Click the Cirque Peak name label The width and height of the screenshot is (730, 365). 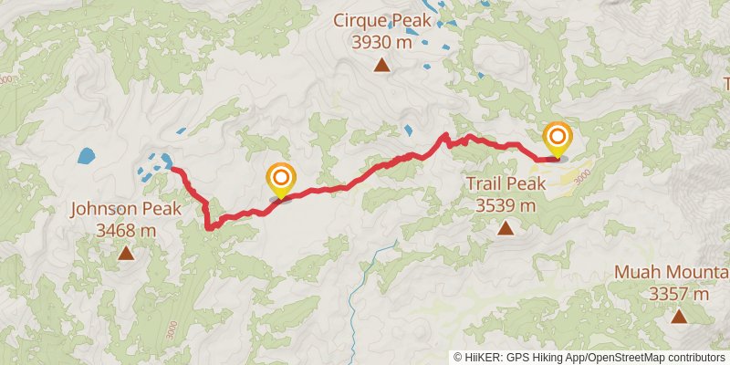[x=381, y=19]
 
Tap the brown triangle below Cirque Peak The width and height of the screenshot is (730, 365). [x=381, y=65]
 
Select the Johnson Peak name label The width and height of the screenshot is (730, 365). [x=125, y=210]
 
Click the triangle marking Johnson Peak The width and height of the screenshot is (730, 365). [x=125, y=254]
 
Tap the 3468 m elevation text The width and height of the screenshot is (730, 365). [x=125, y=231]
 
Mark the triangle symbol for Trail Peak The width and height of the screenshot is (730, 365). [x=506, y=228]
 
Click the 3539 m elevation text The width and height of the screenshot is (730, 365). [x=506, y=205]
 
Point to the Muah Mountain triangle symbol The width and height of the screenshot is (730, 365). [x=679, y=317]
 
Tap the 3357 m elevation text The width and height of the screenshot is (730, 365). [x=679, y=294]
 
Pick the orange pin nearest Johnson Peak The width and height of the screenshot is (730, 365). [x=280, y=180]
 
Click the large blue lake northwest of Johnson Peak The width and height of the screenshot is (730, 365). [x=86, y=156]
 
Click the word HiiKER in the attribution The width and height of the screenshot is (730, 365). [x=482, y=358]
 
